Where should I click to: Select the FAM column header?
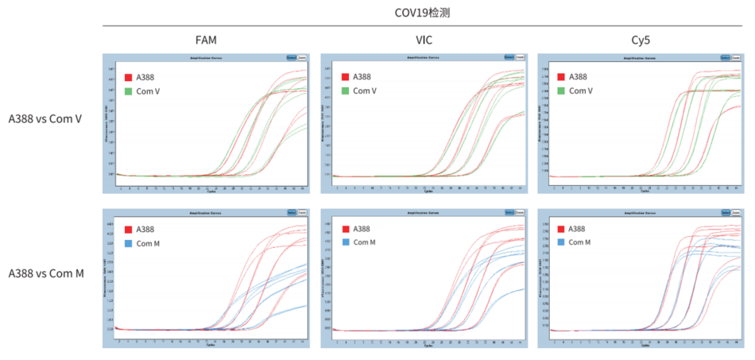pos(206,40)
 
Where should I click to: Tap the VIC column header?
pos(424,40)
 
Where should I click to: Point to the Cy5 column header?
pos(641,40)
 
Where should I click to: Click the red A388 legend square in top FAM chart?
pos(128,77)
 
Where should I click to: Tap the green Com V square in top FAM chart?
pos(128,91)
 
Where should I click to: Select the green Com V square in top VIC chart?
pos(346,91)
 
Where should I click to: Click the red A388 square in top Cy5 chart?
pos(562,77)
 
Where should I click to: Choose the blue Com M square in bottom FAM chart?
pos(128,242)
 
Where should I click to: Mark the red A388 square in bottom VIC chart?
pos(346,229)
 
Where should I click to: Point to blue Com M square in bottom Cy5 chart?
pos(562,242)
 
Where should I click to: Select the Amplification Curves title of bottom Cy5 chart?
pos(640,211)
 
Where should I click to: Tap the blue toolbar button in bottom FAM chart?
pos(291,211)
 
